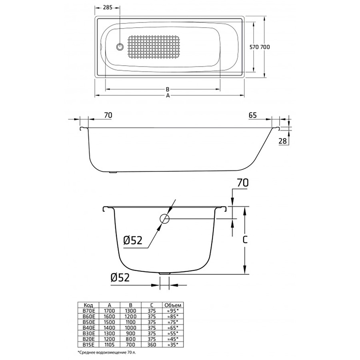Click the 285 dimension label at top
point(108,8)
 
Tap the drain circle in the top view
point(120,47)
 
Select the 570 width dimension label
point(254,47)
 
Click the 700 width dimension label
point(265,47)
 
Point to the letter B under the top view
point(168,89)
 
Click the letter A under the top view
point(168,96)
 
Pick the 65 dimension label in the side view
point(252,115)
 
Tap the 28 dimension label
point(283,141)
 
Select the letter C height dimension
point(245,240)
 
